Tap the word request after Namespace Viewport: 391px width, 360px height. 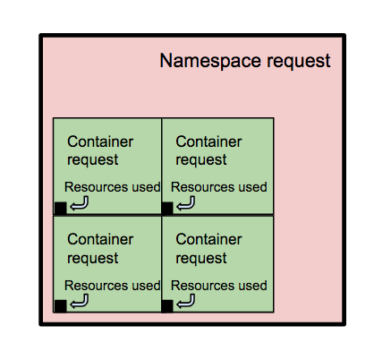pyautogui.click(x=299, y=63)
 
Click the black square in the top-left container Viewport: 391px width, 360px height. pyautogui.click(x=61, y=208)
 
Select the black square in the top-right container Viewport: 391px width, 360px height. pyautogui.click(x=167, y=208)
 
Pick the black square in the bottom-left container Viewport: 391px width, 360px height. pyautogui.click(x=61, y=306)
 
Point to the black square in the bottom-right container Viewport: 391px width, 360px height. pyautogui.click(x=167, y=306)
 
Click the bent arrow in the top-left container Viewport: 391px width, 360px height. pyautogui.click(x=80, y=205)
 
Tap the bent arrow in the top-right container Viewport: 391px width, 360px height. pyautogui.click(x=186, y=205)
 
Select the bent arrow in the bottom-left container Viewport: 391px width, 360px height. pyautogui.click(x=80, y=303)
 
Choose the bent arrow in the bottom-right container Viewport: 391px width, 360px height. pyautogui.click(x=186, y=303)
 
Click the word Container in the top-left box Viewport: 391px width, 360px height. pyautogui.click(x=100, y=141)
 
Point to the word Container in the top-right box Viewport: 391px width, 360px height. pyautogui.click(x=208, y=141)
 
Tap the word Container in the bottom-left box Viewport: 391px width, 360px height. pyautogui.click(x=100, y=239)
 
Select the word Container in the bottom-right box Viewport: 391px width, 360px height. pyautogui.click(x=208, y=239)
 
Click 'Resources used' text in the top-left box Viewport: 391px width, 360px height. pyautogui.click(x=113, y=187)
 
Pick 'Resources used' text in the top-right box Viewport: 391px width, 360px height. pyautogui.click(x=219, y=187)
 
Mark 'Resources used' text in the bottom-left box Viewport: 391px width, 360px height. pyautogui.click(x=113, y=286)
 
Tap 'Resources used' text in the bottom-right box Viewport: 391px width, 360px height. pyautogui.click(x=219, y=286)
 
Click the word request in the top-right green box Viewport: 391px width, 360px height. pyautogui.click(x=201, y=160)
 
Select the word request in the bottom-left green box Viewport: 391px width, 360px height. pyautogui.click(x=93, y=259)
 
